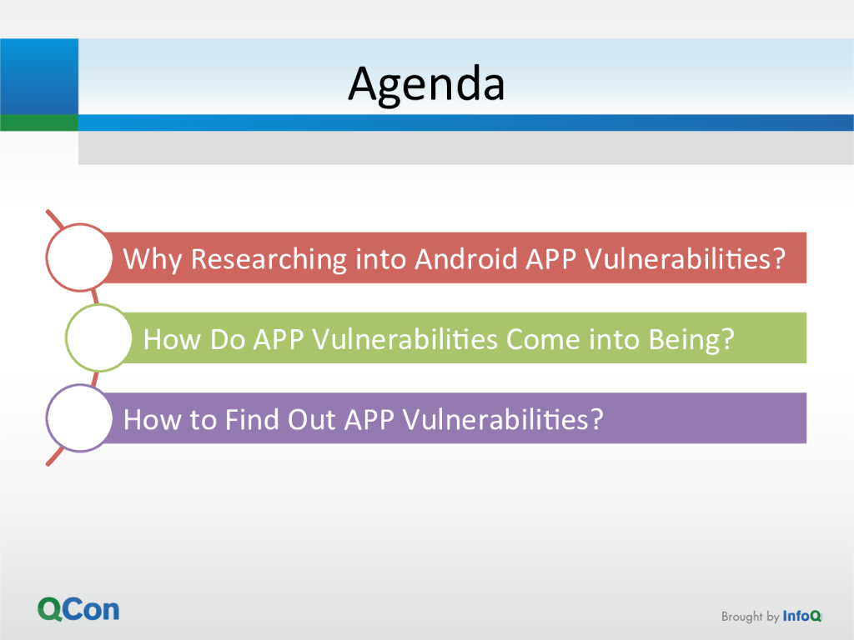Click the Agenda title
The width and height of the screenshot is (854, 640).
[x=426, y=85]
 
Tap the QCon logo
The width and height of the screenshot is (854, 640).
[x=78, y=609]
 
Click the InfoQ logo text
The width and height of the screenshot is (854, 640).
[x=801, y=616]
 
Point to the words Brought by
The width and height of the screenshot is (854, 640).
[x=750, y=617]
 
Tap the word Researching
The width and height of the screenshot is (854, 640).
[x=269, y=260]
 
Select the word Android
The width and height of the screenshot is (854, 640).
[x=465, y=258]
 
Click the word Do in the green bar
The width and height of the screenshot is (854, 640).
[x=228, y=340]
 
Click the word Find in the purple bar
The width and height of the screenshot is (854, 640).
[x=252, y=420]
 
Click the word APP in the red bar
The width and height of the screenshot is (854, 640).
[x=550, y=259]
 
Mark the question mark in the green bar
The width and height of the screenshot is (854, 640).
[x=727, y=339]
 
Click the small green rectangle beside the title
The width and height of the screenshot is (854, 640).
[x=39, y=122]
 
